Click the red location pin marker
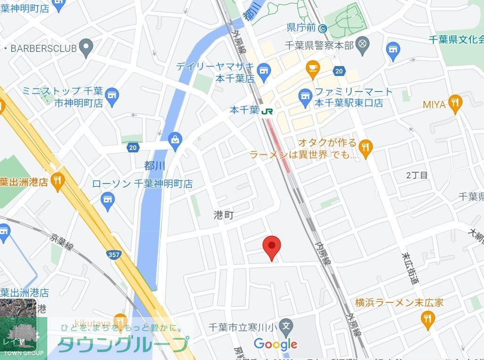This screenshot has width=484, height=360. coord(271,247)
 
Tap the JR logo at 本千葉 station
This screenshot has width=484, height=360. coord(267,111)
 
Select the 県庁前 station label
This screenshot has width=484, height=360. coord(301,28)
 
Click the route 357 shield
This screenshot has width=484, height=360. coord(114,255)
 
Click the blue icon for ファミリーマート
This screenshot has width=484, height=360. coord(306,98)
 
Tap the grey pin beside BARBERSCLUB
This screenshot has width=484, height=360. coord(85,47)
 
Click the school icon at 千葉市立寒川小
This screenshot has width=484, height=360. coord(285,326)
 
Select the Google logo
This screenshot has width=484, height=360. coord(275,344)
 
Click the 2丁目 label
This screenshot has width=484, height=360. coord(417,176)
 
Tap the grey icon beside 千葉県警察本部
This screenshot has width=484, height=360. coord(362,45)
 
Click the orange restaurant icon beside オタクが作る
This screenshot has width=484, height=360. coord(365,148)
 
